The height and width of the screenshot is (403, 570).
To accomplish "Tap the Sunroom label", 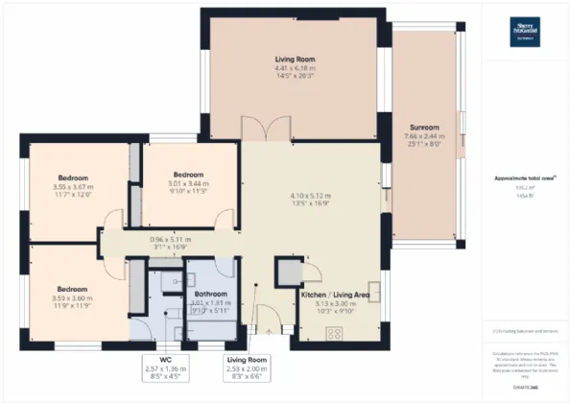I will click(x=423, y=127).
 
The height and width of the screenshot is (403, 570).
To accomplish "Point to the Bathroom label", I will click(x=210, y=294).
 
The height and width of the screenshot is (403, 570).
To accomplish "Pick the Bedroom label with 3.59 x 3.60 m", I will click(x=72, y=289).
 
